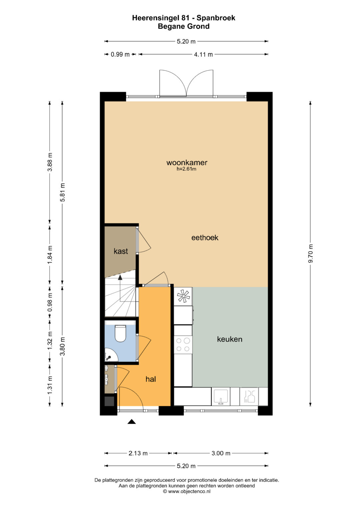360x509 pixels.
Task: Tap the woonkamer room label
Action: [x=187, y=162]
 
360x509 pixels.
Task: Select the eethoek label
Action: [x=205, y=238]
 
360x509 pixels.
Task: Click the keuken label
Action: [x=230, y=339]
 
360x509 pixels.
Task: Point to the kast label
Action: [x=121, y=251]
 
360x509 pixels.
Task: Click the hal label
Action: [x=151, y=379]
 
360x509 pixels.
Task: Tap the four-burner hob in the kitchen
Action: [x=183, y=344]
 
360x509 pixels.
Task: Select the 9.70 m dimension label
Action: [x=310, y=253]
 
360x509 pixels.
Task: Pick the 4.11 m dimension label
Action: [x=203, y=54]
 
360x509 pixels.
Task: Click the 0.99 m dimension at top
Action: [x=120, y=54]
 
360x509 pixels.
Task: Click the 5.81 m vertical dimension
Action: [x=63, y=192]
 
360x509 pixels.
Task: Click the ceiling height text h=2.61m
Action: [x=186, y=169]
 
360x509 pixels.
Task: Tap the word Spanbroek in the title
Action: [x=216, y=18]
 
